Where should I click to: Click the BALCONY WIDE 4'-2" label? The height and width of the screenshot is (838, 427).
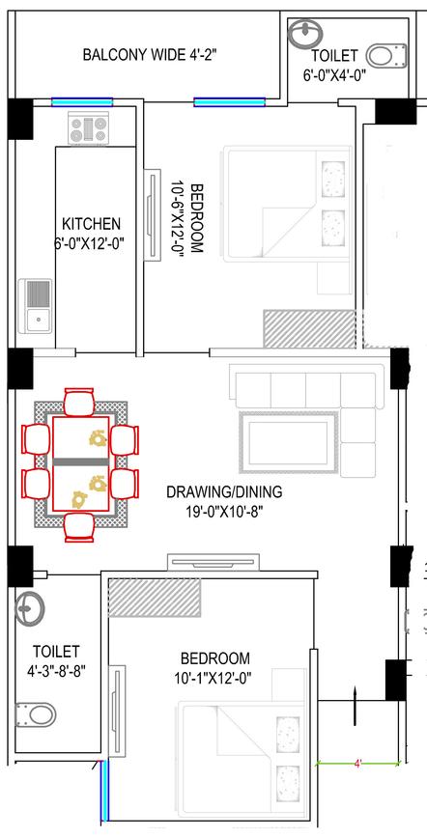[x=149, y=55]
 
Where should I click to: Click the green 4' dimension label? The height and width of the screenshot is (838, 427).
[x=357, y=764]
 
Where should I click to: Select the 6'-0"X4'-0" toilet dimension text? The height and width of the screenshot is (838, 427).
[x=334, y=75]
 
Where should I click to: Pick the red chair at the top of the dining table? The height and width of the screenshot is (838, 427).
[x=80, y=403]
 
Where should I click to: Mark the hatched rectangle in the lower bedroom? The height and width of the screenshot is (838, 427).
[x=154, y=598]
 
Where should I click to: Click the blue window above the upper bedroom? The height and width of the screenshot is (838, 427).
[x=230, y=101]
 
